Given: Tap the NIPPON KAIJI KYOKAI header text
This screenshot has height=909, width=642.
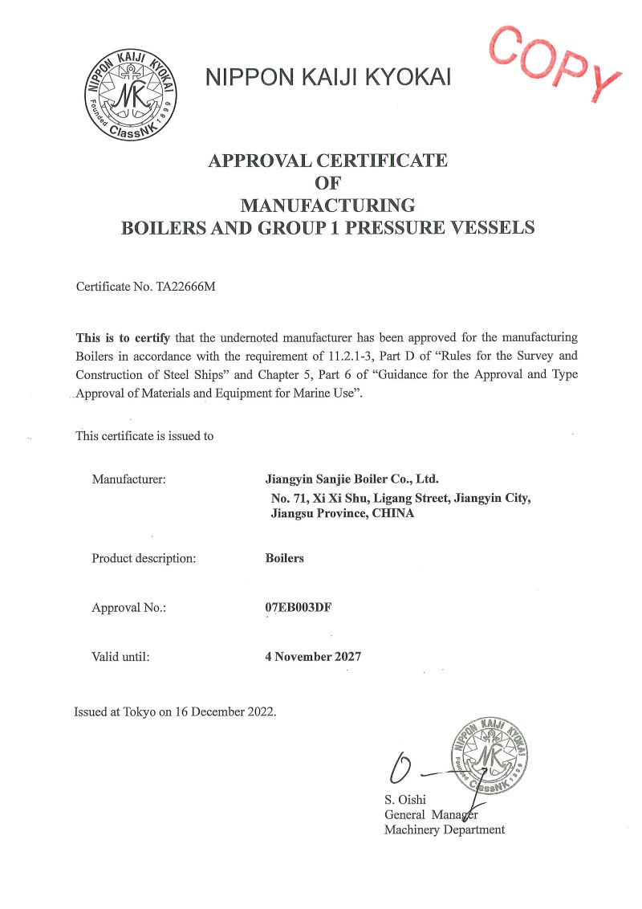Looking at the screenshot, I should [328, 77].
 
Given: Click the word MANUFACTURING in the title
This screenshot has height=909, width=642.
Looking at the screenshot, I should [328, 204].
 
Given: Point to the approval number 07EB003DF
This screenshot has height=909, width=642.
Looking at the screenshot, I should [298, 607].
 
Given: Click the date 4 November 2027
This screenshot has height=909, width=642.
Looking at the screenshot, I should [313, 656].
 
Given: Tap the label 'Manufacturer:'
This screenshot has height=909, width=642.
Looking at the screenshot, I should [128, 479].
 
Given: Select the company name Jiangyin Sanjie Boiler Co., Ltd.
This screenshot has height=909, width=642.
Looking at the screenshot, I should [351, 479].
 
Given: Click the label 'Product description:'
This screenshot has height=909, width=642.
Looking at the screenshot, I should [144, 558].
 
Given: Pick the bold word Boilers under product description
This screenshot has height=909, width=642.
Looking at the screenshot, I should [284, 558].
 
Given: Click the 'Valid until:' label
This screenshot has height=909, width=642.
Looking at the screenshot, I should [120, 656].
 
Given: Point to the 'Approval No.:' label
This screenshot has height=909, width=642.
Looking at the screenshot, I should [128, 608].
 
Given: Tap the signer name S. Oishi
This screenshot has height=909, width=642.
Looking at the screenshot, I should [405, 800].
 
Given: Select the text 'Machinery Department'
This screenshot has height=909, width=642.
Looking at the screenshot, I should [445, 830].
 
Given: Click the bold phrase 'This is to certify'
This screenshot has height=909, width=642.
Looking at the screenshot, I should [123, 337].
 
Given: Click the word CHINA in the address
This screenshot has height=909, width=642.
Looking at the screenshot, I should [393, 513].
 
